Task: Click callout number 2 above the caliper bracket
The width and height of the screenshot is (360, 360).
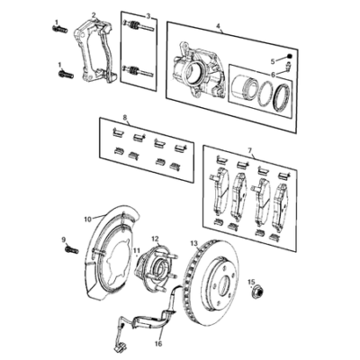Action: pyautogui.click(x=94, y=15)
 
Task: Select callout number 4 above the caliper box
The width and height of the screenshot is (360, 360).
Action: pyautogui.click(x=218, y=26)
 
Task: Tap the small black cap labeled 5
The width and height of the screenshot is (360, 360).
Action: pyautogui.click(x=290, y=56)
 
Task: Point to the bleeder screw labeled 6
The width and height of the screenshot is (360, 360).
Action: pyautogui.click(x=288, y=67)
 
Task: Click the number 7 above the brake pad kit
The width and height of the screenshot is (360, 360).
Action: pyautogui.click(x=249, y=149)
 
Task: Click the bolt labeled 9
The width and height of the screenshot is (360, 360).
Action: pyautogui.click(x=71, y=249)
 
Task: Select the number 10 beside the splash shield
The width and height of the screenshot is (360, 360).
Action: pyautogui.click(x=87, y=220)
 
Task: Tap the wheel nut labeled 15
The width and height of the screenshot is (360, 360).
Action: pyautogui.click(x=256, y=291)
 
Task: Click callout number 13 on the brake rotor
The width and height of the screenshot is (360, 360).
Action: pyautogui.click(x=194, y=243)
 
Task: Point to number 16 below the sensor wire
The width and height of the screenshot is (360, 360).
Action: pyautogui.click(x=158, y=344)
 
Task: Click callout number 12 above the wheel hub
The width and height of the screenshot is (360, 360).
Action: pyautogui.click(x=155, y=239)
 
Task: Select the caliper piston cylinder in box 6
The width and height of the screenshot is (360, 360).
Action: pyautogui.click(x=244, y=89)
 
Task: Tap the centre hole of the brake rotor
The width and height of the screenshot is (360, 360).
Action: pyautogui.click(x=225, y=284)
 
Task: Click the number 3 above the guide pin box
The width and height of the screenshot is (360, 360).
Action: pyautogui.click(x=148, y=16)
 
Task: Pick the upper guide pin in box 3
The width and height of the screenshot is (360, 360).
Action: pyautogui.click(x=139, y=25)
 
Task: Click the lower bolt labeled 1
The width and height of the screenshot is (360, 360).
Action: pyautogui.click(x=66, y=74)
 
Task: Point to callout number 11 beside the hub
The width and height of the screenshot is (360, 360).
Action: pyautogui.click(x=137, y=250)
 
